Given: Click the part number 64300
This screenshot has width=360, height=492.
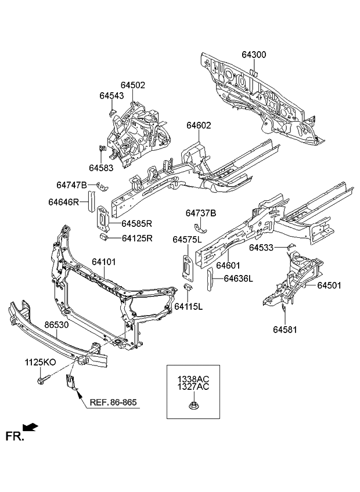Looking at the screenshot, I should [x=254, y=55].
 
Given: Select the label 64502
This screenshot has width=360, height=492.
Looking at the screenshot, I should [x=133, y=85].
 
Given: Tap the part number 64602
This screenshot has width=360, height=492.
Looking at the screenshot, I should [x=199, y=125].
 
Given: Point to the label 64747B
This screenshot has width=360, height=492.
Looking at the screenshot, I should [x=71, y=185].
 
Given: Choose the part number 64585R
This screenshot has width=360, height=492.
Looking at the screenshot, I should [x=136, y=223].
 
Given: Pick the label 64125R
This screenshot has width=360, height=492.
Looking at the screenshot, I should [x=136, y=238].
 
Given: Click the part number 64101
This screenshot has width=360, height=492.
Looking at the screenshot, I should [x=104, y=262].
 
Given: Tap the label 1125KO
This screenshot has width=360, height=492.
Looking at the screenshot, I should [x=40, y=362].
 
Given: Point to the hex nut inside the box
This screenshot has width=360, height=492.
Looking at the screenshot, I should [x=193, y=406].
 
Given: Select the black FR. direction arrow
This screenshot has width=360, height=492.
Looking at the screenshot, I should [x=31, y=428].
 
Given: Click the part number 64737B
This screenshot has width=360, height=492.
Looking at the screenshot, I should [x=201, y=214].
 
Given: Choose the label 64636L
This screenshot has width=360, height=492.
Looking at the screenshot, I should [x=239, y=278].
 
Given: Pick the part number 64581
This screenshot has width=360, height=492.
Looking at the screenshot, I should [x=285, y=329].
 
